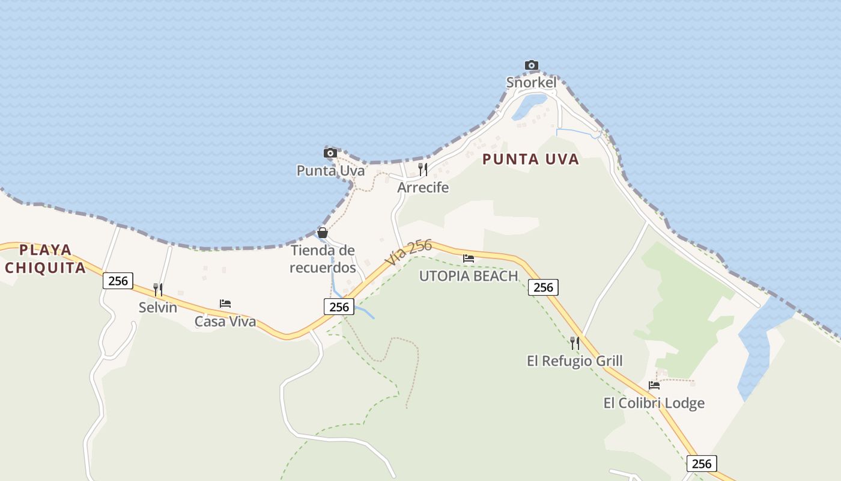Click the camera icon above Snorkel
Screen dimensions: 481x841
tap(531, 65)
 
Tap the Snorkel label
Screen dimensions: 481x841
tap(531, 82)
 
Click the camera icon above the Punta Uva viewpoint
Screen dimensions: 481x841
tap(330, 153)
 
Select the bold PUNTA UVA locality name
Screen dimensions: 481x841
tap(530, 159)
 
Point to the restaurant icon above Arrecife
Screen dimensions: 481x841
tap(423, 169)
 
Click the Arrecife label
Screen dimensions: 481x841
tap(423, 188)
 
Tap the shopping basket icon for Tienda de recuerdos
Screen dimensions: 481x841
tap(323, 233)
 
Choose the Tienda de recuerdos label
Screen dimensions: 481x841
tap(323, 259)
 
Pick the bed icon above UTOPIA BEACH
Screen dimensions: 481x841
tap(469, 259)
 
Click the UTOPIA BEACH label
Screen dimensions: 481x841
tap(469, 276)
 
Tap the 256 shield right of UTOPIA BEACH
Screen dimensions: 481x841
tap(543, 287)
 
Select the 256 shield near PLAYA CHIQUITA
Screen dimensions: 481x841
tap(118, 281)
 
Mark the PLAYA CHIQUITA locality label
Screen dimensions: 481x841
tap(46, 259)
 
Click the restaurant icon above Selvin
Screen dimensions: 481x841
tap(158, 290)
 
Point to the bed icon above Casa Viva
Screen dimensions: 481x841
tap(225, 304)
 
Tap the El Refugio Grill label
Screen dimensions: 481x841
tap(574, 361)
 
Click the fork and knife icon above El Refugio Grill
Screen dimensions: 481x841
tap(575, 343)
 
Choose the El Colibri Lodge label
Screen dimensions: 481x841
tap(654, 403)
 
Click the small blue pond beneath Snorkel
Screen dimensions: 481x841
tap(529, 106)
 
